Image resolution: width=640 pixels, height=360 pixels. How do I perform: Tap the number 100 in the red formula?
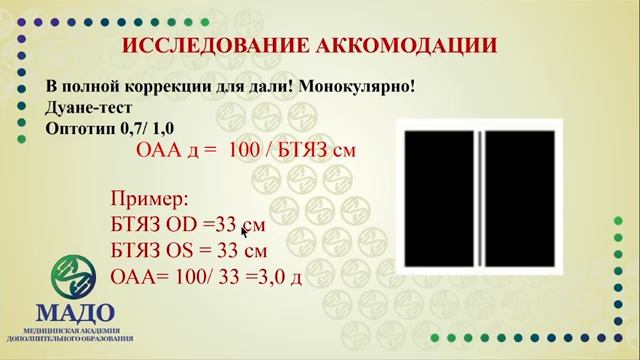(x=244, y=150)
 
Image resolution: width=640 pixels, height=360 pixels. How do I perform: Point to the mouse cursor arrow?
(x=245, y=230)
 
